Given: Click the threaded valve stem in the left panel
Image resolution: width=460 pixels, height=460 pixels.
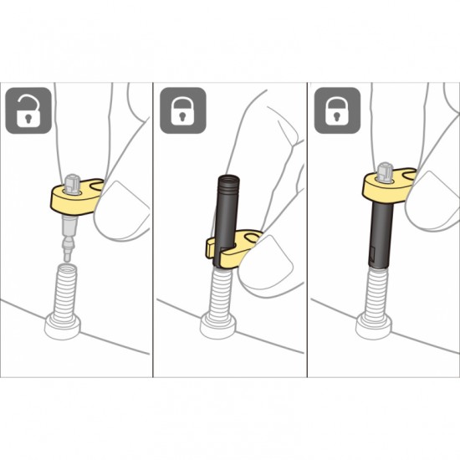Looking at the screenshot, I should [67, 288].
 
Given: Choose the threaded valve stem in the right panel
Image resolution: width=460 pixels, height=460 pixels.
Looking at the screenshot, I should [374, 289].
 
